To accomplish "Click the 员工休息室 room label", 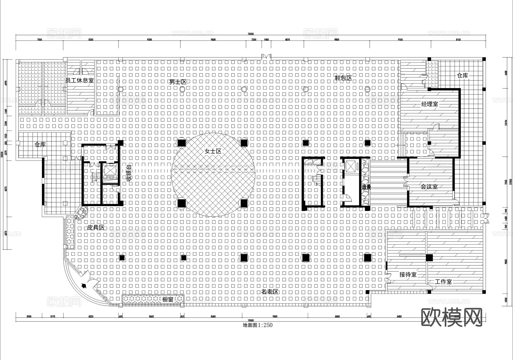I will (x=80, y=81).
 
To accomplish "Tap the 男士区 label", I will (x=178, y=82).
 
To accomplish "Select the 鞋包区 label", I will (x=343, y=78).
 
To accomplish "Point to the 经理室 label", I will (x=429, y=104).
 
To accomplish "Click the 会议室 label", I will (x=429, y=187).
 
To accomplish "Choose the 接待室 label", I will (x=408, y=274).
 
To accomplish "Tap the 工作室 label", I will (x=443, y=282).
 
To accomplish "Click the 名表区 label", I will (x=270, y=292).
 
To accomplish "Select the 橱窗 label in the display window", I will (x=168, y=300).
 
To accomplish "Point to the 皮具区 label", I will (x=95, y=227).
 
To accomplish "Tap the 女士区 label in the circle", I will (x=213, y=151).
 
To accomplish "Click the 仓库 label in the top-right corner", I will (x=462, y=76).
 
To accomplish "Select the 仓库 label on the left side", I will (x=40, y=145).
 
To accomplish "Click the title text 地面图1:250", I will (x=257, y=325).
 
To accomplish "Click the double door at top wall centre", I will (x=266, y=57).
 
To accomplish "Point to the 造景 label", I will (x=366, y=187).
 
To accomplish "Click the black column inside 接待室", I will (x=429, y=258).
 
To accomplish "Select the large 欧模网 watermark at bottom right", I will (x=451, y=317).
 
